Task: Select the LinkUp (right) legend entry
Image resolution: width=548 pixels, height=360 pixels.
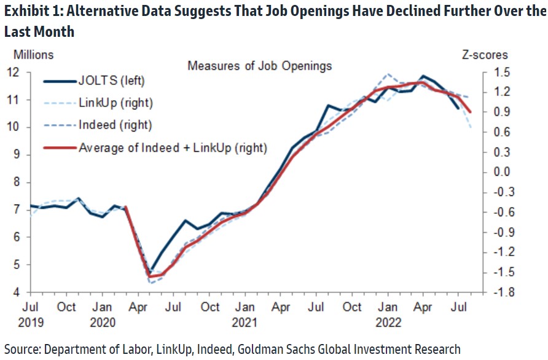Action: click(x=115, y=103)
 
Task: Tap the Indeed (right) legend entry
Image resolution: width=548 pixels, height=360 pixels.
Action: click(x=115, y=125)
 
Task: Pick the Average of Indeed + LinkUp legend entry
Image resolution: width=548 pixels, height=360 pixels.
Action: click(x=173, y=147)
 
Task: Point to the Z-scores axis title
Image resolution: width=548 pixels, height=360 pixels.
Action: click(x=485, y=55)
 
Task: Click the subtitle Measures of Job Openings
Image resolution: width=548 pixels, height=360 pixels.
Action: click(x=260, y=66)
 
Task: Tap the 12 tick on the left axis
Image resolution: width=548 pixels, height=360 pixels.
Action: click(x=16, y=72)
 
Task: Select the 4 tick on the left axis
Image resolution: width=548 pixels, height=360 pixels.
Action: click(x=19, y=292)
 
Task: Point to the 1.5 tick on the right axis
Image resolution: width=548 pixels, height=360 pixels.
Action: click(x=501, y=72)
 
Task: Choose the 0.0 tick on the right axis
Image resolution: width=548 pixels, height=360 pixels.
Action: click(x=501, y=172)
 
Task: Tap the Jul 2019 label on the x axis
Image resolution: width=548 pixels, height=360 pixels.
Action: click(x=32, y=313)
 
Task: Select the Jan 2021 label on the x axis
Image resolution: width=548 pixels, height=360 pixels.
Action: click(x=245, y=313)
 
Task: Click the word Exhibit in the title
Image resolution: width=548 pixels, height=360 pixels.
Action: click(x=23, y=14)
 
